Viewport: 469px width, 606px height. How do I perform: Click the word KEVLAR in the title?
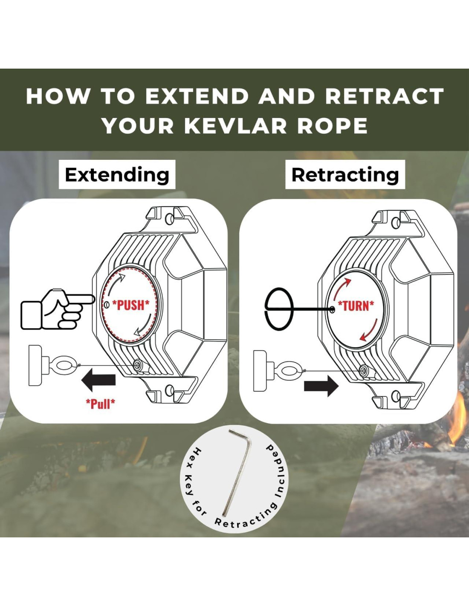pyautogui.click(x=235, y=126)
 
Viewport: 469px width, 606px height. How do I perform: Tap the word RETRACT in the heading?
pyautogui.click(x=384, y=96)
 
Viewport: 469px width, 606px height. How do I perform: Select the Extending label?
pyautogui.click(x=117, y=175)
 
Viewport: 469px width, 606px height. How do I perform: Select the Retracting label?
pyautogui.click(x=345, y=175)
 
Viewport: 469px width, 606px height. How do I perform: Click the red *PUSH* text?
pyautogui.click(x=131, y=305)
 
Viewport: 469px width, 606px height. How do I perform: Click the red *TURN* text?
pyautogui.click(x=356, y=306)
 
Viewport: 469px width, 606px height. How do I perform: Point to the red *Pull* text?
pyautogui.click(x=101, y=403)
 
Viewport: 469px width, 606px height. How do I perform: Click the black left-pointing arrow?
pyautogui.click(x=98, y=380)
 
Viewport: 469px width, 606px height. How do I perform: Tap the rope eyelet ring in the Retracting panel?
pyautogui.click(x=290, y=370)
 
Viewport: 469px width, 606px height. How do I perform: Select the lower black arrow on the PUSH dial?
pyautogui.click(x=144, y=326)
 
